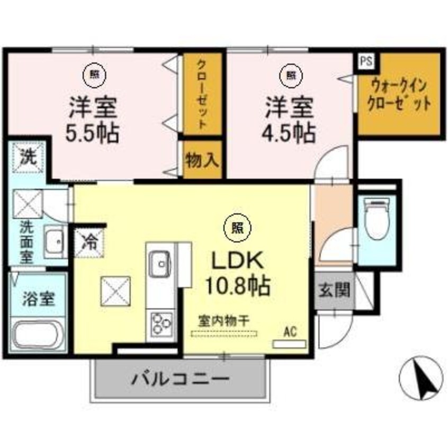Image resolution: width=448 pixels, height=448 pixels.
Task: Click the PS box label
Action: pyautogui.click(x=366, y=60)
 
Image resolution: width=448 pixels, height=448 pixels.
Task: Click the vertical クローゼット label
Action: pyautogui.click(x=202, y=94)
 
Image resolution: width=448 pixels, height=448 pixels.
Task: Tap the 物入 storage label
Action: pyautogui.click(x=202, y=161)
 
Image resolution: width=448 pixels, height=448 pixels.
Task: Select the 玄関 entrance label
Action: pyautogui.click(x=333, y=291)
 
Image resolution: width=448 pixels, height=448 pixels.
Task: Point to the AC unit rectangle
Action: pyautogui.click(x=289, y=344)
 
